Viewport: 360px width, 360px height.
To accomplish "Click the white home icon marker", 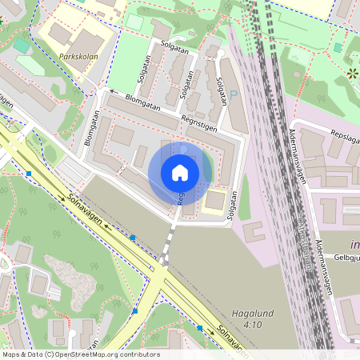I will [x=180, y=173].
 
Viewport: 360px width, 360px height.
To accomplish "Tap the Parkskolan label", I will [x=80, y=58].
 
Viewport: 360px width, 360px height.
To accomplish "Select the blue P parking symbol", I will [x=234, y=94].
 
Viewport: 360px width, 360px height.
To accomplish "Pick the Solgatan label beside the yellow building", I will [x=232, y=205].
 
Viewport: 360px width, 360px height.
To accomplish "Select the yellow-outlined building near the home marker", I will [x=215, y=200].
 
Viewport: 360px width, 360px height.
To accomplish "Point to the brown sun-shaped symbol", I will [x=353, y=74].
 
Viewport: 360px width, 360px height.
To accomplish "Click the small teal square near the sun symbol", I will [x=338, y=48].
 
